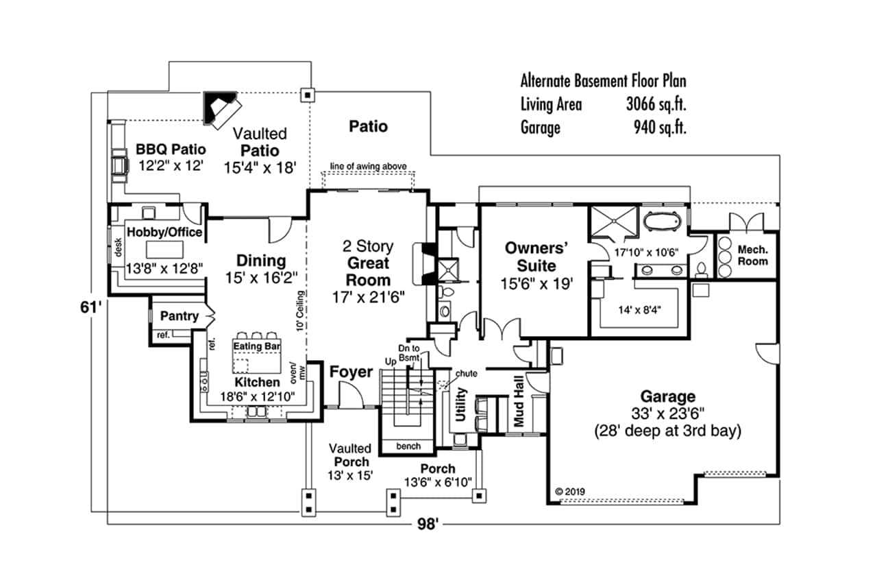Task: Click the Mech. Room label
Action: click(752, 256)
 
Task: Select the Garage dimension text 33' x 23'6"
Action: click(667, 414)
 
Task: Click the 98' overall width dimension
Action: click(428, 525)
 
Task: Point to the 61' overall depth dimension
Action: click(90, 308)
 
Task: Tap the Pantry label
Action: click(179, 316)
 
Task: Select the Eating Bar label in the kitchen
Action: click(257, 346)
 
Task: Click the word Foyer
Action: click(351, 372)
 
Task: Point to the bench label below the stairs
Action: click(408, 446)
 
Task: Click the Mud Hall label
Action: click(519, 409)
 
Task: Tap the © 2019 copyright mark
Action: click(568, 491)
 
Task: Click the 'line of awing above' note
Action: click(369, 166)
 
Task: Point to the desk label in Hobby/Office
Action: click(117, 243)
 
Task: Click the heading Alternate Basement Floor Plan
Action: click(603, 82)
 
